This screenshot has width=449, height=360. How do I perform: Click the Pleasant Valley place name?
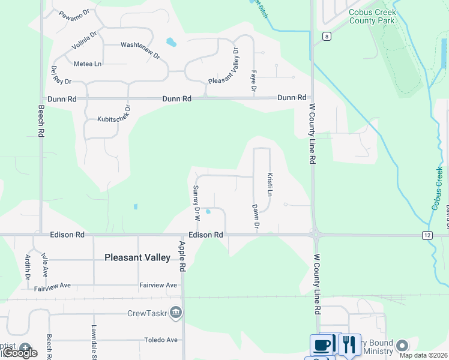(137, 257)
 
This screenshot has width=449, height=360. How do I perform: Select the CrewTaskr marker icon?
(175, 312)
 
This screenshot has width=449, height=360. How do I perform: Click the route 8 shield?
(327, 36)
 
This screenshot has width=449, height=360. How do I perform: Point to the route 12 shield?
(427, 235)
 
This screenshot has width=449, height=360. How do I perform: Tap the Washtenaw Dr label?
(140, 49)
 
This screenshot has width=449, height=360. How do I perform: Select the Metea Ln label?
(88, 64)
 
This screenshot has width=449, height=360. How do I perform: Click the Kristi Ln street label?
(270, 184)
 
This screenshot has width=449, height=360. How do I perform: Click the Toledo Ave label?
(161, 340)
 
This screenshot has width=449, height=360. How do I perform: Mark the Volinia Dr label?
(84, 43)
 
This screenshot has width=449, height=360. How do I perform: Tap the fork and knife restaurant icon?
(349, 344)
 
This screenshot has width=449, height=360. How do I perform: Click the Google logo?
(20, 353)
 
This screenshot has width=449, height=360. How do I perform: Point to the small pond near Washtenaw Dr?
(171, 42)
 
